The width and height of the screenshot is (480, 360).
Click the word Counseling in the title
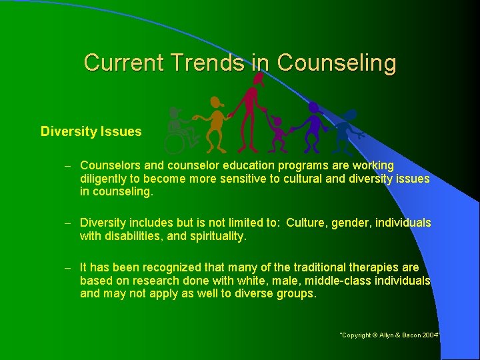337,63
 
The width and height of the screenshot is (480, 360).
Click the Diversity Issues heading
91,131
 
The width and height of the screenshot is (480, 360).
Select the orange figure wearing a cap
215,124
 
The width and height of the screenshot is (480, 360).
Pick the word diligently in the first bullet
103,179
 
